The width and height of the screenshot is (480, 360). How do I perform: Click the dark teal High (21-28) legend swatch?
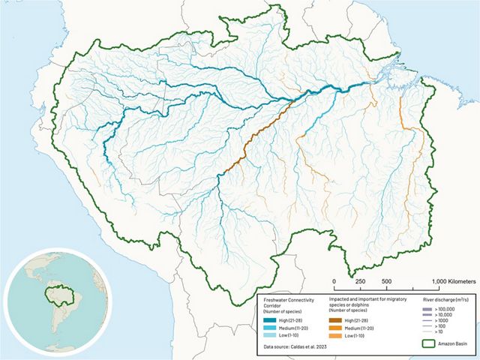tap(270, 317)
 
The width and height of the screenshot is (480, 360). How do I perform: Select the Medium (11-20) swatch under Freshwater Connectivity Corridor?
tap(270, 327)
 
